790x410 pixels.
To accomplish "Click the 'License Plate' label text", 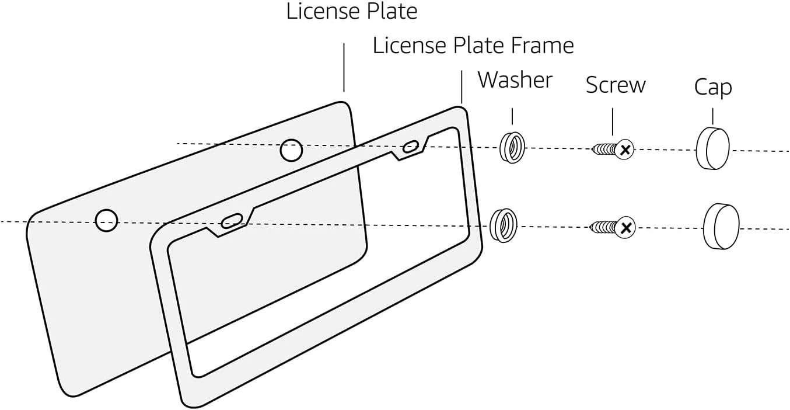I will point(352,11).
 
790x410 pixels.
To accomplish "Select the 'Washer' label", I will point(515,80).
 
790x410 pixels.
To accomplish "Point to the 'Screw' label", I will point(616,85).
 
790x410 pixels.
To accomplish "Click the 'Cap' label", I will point(712,88).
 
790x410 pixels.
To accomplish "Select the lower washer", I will point(503,224).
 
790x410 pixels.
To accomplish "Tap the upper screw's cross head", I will point(625,150).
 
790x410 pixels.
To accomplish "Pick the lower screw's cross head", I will point(625,228).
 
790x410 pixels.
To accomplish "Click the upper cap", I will point(713,149).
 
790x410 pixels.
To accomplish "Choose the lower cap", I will point(721,227).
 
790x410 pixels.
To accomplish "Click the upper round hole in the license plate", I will point(291,151).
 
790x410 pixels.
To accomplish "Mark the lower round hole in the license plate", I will point(107,220).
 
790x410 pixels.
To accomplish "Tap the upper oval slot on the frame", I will point(412,146).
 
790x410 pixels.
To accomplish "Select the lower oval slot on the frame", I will point(232,221).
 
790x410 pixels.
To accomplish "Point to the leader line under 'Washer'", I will point(512,116).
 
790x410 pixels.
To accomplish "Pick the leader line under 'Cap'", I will point(712,116).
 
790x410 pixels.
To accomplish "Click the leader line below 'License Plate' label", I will point(344,67).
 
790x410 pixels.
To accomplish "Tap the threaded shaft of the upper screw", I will point(604,150).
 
